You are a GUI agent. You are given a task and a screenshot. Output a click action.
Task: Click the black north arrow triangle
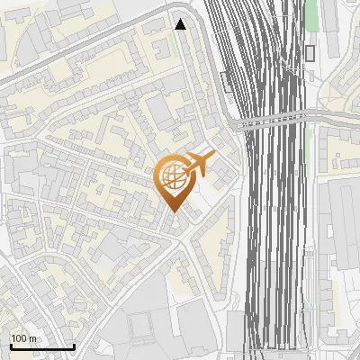click(181, 24)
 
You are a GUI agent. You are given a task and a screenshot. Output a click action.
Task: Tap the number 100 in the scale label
click(19, 338)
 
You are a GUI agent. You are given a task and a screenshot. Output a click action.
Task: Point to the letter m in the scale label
click(31, 338)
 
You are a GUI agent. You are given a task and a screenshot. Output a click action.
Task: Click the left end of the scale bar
click(10, 346)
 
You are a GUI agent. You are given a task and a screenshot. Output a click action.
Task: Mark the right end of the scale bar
click(74, 346)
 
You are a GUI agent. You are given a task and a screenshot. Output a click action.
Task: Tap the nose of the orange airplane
click(213, 156)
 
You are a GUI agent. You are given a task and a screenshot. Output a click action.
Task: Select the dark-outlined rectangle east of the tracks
click(310, 53)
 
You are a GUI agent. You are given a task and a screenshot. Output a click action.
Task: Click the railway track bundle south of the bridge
click(274, 234)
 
